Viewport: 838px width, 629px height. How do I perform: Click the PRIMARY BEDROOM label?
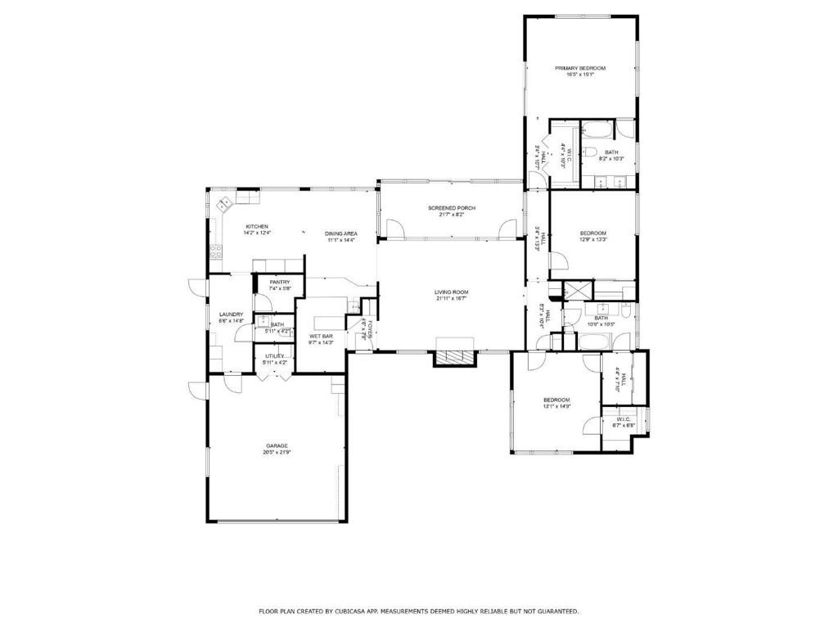pyautogui.click(x=579, y=68)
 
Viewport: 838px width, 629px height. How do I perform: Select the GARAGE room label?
pyautogui.click(x=276, y=446)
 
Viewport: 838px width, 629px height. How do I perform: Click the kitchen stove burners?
pyautogui.click(x=216, y=252)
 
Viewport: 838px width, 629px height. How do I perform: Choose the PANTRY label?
pyautogui.click(x=280, y=282)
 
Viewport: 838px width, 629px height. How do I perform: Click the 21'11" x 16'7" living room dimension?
pyautogui.click(x=451, y=299)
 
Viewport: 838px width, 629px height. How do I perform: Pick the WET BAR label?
pyautogui.click(x=321, y=336)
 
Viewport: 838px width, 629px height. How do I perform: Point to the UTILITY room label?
pyautogui.click(x=274, y=356)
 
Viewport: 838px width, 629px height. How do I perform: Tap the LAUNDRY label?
pyautogui.click(x=231, y=314)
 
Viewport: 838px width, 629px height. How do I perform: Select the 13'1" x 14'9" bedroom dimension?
pyautogui.click(x=556, y=406)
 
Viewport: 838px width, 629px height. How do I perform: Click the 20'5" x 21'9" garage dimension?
pyautogui.click(x=277, y=452)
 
